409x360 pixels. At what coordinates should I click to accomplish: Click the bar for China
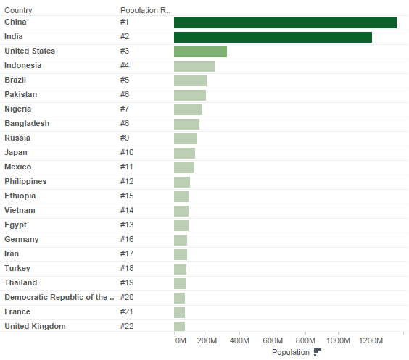pyautogui.click(x=285, y=22)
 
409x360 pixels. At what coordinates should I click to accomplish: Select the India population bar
pyautogui.click(x=273, y=37)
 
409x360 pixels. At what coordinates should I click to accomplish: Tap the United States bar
pyautogui.click(x=200, y=51)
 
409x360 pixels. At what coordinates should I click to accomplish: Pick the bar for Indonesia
pyautogui.click(x=194, y=66)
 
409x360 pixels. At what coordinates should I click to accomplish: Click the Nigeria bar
pyautogui.click(x=188, y=109)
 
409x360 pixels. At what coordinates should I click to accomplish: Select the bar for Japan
pyautogui.click(x=184, y=153)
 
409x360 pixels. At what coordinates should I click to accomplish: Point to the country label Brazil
pyautogui.click(x=16, y=80)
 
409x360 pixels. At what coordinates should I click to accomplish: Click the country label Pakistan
pyautogui.click(x=20, y=94)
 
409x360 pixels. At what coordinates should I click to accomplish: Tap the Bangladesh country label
pyautogui.click(x=27, y=123)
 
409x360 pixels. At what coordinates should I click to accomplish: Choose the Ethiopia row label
pyautogui.click(x=20, y=196)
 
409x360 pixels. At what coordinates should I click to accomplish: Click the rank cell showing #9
pyautogui.click(x=125, y=138)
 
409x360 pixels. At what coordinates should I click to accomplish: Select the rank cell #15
pyautogui.click(x=127, y=196)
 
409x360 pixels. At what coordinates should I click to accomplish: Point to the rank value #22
pyautogui.click(x=127, y=326)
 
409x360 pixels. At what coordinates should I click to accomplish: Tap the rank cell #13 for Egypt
pyautogui.click(x=127, y=225)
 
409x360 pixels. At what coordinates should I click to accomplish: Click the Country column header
pyautogui.click(x=18, y=10)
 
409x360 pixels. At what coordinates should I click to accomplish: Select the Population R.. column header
pyautogui.click(x=145, y=10)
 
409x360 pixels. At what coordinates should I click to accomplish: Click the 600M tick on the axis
pyautogui.click(x=273, y=340)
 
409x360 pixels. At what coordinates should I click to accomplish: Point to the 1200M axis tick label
pyautogui.click(x=371, y=340)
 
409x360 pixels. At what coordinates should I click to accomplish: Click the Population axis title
pyautogui.click(x=290, y=352)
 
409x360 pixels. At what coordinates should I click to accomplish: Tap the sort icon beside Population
pyautogui.click(x=317, y=352)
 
